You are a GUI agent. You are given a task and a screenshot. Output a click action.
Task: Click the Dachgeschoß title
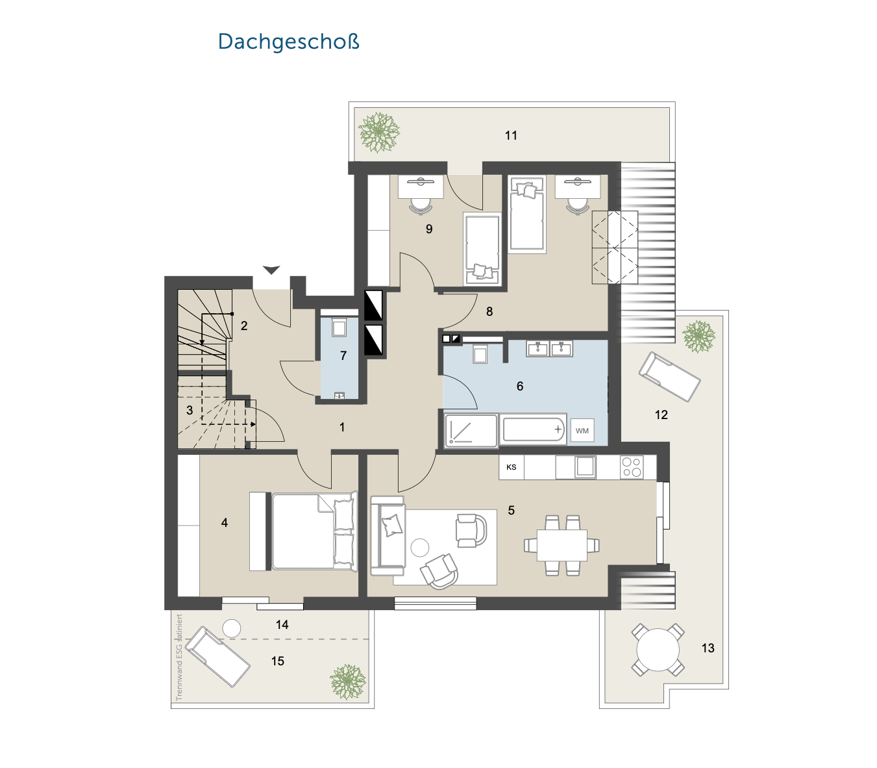(288, 42)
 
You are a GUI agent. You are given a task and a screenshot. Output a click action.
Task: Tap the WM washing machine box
(582, 430)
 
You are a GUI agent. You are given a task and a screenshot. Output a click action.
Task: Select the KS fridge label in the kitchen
(511, 467)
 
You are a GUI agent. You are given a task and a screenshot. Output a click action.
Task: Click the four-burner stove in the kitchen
(632, 467)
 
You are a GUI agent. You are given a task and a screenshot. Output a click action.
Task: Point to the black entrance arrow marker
(271, 270)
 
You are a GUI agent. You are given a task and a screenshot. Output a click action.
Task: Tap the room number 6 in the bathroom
(520, 386)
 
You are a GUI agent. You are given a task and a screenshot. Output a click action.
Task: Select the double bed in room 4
(314, 531)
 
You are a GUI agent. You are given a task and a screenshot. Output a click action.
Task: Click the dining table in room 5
(562, 545)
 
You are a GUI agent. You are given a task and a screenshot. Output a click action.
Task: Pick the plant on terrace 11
(379, 132)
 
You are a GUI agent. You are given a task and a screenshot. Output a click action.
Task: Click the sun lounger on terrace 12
(669, 377)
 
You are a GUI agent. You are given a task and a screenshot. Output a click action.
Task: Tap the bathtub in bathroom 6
(533, 429)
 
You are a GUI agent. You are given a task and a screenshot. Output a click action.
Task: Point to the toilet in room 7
(339, 328)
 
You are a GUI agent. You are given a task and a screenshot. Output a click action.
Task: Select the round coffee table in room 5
(419, 548)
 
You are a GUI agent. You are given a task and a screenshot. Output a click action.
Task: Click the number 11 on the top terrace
(511, 136)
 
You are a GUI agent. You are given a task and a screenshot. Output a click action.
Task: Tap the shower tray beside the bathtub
(471, 431)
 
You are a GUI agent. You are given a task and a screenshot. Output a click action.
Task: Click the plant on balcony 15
(348, 682)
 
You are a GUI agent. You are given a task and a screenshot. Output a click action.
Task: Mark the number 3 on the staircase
(190, 411)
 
